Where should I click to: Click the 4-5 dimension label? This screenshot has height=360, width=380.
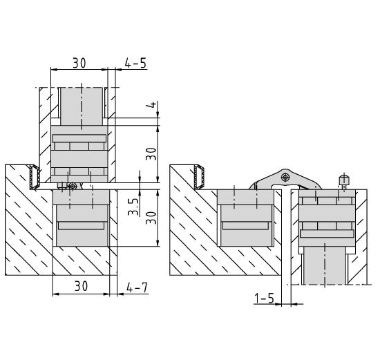click(135, 63)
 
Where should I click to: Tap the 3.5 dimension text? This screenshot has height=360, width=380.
click(133, 207)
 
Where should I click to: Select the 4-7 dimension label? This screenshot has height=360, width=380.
click(137, 287)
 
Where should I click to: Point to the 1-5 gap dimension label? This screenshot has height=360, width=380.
click(264, 298)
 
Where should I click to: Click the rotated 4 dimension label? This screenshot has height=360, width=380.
click(152, 105)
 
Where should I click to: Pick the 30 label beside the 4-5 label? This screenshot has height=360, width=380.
click(79, 63)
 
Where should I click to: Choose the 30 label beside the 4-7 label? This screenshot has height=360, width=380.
click(81, 286)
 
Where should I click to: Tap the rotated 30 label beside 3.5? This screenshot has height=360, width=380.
click(151, 218)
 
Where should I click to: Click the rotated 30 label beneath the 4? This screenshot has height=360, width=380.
click(151, 153)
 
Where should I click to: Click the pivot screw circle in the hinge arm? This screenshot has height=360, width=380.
click(286, 177)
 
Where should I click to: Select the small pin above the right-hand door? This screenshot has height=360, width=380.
click(344, 181)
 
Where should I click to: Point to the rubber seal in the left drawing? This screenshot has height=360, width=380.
click(35, 177)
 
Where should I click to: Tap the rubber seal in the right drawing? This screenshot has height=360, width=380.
click(199, 177)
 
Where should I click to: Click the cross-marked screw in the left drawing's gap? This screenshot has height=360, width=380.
click(73, 186)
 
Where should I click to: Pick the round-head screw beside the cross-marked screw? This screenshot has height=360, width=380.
click(61, 186)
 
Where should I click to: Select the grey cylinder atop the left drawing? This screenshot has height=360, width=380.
click(82, 106)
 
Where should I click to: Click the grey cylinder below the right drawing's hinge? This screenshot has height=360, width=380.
click(325, 265)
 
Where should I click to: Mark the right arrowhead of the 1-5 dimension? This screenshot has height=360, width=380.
click(294, 303)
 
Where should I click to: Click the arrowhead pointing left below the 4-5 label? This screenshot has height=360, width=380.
click(118, 70)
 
